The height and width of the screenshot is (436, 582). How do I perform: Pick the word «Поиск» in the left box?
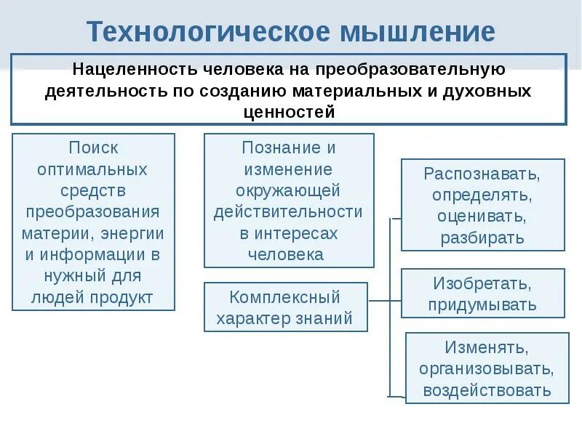tap(93, 148)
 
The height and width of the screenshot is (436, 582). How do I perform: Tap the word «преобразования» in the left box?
tap(93, 212)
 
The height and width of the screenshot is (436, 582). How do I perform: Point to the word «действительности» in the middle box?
tap(288, 212)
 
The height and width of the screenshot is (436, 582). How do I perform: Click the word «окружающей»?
tap(288, 190)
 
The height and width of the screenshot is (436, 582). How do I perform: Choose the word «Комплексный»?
tap(284, 297)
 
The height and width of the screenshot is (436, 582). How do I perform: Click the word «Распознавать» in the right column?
tap(481, 174)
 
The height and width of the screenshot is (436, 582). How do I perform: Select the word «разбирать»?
tap(482, 238)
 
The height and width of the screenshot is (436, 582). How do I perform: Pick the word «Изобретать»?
tap(482, 283)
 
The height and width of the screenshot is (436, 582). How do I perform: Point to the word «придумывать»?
tap(482, 304)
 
